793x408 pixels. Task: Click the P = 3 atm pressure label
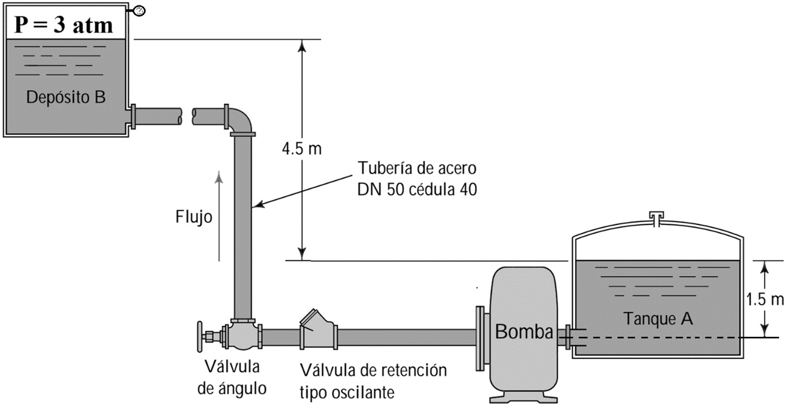[x=64, y=25]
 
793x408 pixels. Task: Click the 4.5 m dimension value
[x=302, y=150]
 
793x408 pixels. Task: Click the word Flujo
[x=194, y=217]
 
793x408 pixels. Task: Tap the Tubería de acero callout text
[x=417, y=178]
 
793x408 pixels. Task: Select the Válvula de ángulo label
[x=232, y=377]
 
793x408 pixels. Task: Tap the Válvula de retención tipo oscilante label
[x=373, y=381]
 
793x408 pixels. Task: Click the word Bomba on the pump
[x=523, y=332]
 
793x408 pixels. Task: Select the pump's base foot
[x=523, y=396]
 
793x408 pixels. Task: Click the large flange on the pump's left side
[x=479, y=337]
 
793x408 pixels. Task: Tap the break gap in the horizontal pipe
[x=186, y=116]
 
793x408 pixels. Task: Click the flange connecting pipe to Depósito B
[x=132, y=116]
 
